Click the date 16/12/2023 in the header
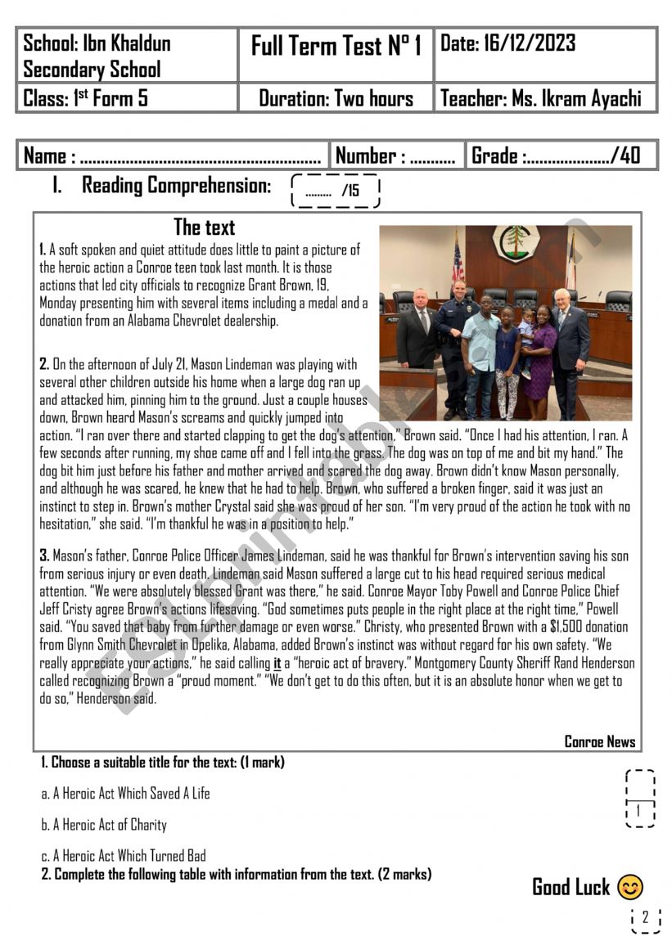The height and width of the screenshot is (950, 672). point(532,43)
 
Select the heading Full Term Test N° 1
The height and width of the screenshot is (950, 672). point(336,47)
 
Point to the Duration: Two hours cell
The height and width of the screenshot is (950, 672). point(336,99)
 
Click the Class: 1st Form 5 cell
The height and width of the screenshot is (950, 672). point(86,99)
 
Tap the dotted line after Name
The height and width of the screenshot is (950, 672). point(201,157)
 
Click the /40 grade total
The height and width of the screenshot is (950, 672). point(625,155)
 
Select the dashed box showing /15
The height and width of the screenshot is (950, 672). point(336,191)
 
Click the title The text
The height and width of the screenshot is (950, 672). point(204,227)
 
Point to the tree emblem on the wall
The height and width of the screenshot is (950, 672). point(516,243)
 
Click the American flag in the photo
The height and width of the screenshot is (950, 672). point(457,260)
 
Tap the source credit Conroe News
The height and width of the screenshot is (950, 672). point(599,742)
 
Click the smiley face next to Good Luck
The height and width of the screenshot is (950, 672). point(629,887)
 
